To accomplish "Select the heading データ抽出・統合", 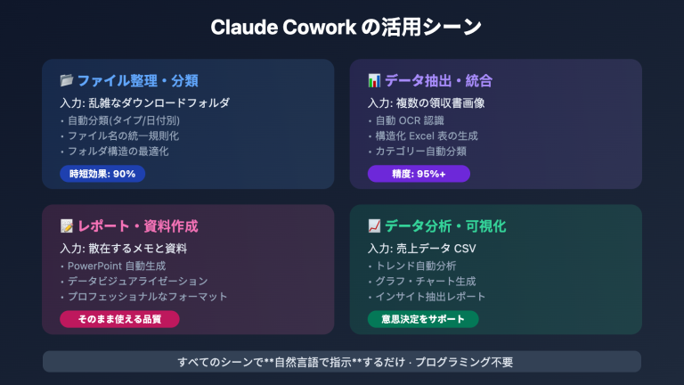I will pos(438,81).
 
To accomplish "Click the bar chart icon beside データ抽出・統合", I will pos(374,81).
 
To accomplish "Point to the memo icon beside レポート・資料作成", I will pos(66,225).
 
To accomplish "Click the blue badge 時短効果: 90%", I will pos(102,174).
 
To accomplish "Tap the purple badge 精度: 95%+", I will pos(418,174).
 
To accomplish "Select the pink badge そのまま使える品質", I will pos(119,318).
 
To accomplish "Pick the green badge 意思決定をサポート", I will pos(422,318).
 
